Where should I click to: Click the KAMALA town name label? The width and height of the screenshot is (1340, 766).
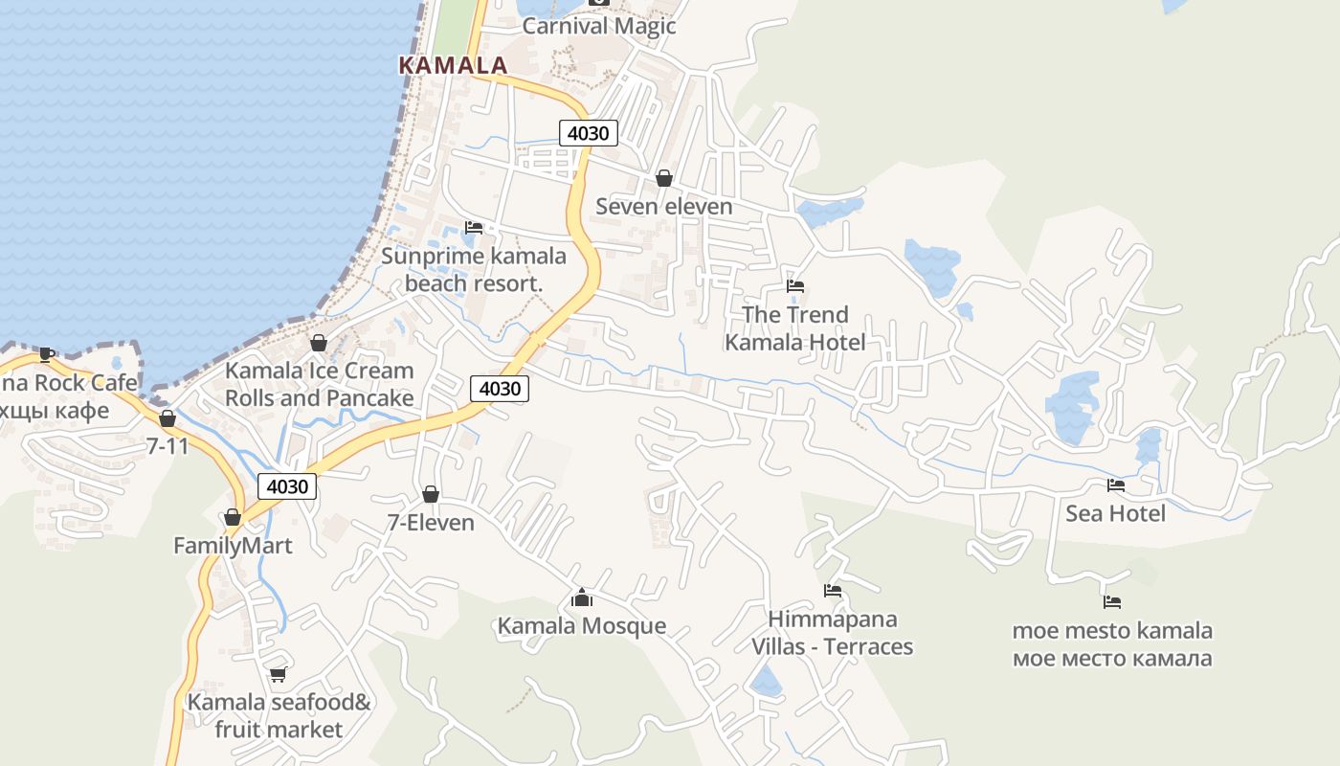tap(453, 65)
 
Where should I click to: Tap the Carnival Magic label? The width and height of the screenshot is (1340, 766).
tap(599, 26)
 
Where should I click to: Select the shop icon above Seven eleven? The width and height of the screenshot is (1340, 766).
tap(664, 178)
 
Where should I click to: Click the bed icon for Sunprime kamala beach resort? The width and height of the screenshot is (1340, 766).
tap(473, 228)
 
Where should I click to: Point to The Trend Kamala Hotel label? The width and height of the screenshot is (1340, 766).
tap(794, 328)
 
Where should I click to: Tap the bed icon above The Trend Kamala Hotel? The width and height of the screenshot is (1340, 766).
tap(794, 286)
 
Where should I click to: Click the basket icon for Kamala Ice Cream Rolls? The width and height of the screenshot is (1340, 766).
tap(319, 342)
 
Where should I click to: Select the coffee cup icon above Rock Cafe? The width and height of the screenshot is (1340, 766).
tap(45, 354)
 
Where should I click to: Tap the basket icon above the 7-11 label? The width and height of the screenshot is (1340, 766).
tap(167, 418)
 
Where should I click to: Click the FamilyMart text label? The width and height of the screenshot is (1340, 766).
tap(233, 546)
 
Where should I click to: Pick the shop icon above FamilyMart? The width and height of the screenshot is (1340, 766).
tap(232, 518)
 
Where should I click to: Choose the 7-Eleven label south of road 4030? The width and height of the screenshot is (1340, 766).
tap(431, 523)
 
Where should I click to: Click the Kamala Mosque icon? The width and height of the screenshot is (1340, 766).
tap(581, 598)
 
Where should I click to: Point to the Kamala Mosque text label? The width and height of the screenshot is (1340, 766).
tap(581, 626)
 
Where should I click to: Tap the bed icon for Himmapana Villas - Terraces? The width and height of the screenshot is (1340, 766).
tap(833, 591)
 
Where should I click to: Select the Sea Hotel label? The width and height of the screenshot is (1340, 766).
tap(1115, 514)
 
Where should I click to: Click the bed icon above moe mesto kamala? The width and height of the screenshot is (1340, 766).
tap(1111, 602)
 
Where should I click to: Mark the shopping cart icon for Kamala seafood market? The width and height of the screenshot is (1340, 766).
tap(278, 674)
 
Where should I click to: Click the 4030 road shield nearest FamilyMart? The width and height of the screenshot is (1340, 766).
tap(287, 486)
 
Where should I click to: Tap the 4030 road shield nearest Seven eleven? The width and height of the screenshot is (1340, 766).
tap(588, 133)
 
